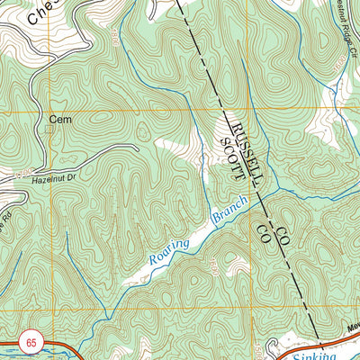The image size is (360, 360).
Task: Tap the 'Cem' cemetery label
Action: click(x=60, y=119)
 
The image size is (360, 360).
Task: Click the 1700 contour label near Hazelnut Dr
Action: click(x=20, y=167)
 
